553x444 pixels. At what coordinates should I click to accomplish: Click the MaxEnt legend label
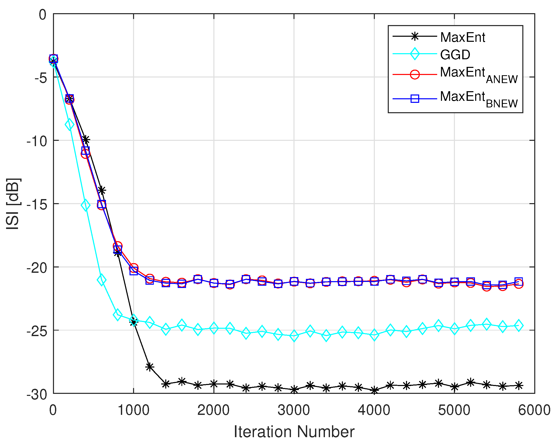(463, 37)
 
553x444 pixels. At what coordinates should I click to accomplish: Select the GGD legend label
(455, 55)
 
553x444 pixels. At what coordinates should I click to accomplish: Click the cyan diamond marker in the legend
(414, 54)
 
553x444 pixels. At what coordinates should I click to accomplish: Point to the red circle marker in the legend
(414, 75)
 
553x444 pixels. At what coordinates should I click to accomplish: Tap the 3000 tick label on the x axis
(294, 410)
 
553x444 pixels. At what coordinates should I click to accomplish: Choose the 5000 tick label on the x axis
(454, 410)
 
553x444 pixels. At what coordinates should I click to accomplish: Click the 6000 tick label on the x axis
(534, 410)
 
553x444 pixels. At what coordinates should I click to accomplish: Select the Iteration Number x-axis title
(294, 432)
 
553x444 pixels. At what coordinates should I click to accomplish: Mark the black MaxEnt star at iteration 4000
(374, 390)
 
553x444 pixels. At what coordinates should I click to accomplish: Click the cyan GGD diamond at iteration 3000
(294, 335)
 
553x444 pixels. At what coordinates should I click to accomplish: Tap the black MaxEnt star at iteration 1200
(150, 367)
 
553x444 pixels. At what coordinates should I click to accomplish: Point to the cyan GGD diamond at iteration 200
(69, 125)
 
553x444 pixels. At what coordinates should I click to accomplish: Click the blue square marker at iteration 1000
(134, 271)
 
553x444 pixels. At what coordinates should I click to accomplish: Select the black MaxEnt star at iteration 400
(86, 140)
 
